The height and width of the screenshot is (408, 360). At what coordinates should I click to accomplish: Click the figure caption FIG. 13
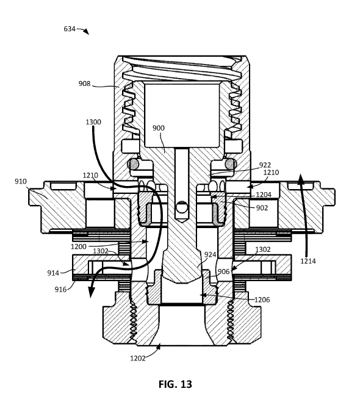(175, 384)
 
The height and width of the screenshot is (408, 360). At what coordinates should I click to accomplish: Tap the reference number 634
(70, 29)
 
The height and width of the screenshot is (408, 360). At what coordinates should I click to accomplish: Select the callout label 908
(84, 84)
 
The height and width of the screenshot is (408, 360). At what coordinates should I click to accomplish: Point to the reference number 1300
(93, 122)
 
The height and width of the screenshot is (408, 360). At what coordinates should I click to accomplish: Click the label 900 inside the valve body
(158, 128)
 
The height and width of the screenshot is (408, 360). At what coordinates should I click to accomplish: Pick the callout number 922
(265, 165)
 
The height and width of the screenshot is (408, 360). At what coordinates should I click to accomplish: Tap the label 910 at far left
(21, 181)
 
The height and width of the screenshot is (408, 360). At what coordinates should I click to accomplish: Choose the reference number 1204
(264, 195)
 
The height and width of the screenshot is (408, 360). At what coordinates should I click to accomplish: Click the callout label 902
(262, 208)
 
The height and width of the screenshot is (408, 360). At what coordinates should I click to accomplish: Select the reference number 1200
(78, 246)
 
